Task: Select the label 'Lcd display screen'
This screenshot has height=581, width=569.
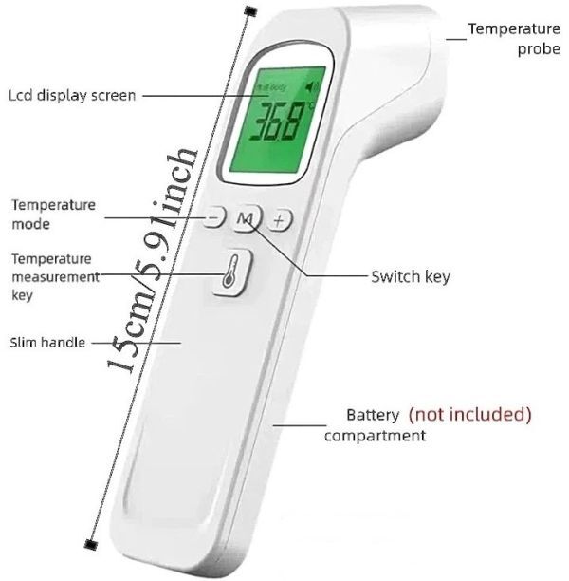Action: point(72,95)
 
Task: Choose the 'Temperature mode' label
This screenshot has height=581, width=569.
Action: point(53,215)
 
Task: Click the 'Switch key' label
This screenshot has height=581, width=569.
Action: point(410,277)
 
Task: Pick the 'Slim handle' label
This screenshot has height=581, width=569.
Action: point(47,342)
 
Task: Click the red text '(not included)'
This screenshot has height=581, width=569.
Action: point(470,414)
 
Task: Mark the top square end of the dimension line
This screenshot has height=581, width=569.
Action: point(249,10)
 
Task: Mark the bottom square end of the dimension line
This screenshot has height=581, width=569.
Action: point(91,544)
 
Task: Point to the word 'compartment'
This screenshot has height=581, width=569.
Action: point(375,436)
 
